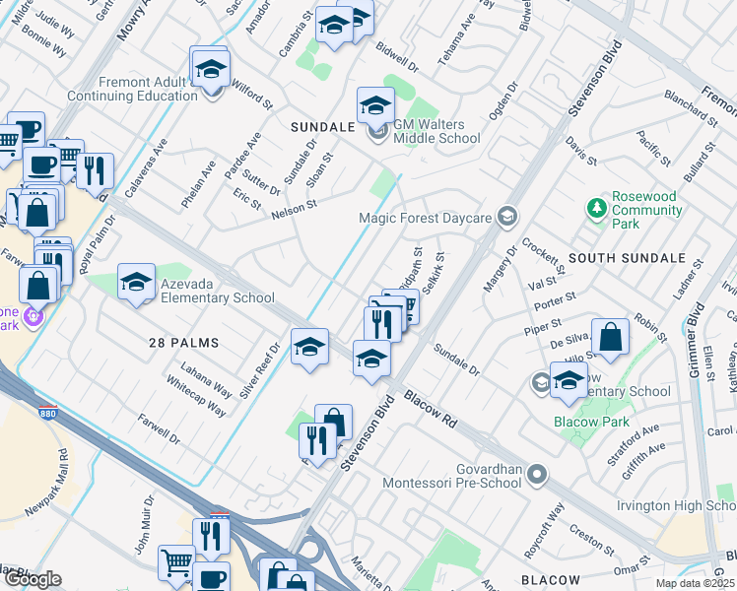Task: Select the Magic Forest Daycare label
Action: (425, 216)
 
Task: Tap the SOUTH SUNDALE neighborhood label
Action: (627, 258)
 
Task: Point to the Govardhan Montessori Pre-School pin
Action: (537, 476)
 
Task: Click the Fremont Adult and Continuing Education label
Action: (132, 90)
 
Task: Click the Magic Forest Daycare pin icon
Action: (507, 216)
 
